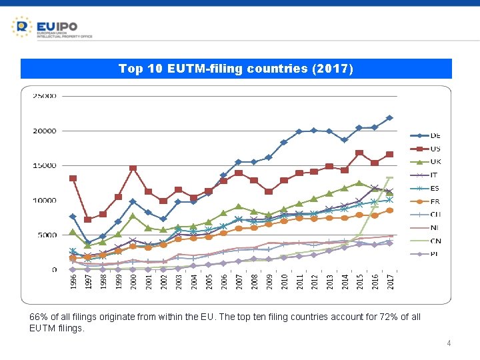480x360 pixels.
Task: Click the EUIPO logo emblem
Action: (x=22, y=27)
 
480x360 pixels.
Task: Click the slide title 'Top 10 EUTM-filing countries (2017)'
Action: (x=236, y=69)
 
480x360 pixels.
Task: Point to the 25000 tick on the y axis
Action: (x=45, y=96)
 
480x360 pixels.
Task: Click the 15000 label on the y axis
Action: (x=45, y=165)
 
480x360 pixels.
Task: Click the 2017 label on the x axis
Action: (x=390, y=283)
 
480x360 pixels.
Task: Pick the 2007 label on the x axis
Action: (x=239, y=283)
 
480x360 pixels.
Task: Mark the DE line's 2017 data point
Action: (x=390, y=118)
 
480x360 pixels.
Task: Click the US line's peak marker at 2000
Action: (x=133, y=168)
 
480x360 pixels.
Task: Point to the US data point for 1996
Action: (x=73, y=178)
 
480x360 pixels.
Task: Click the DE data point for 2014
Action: (x=345, y=140)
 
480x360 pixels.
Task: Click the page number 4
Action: (x=449, y=343)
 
